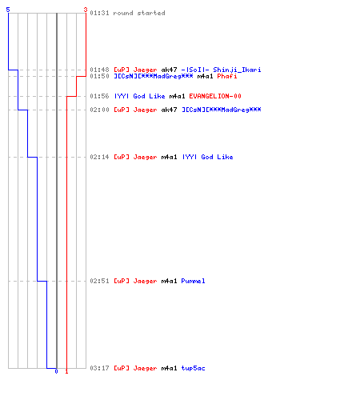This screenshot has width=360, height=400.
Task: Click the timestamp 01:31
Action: coord(99,13)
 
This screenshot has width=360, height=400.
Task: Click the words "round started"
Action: coord(139,13)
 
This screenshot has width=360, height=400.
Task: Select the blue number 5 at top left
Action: coord(8,10)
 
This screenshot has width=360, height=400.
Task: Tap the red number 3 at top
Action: coord(86,10)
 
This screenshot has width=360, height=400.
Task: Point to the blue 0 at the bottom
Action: coord(56,371)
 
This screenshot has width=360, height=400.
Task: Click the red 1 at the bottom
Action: coord(66,371)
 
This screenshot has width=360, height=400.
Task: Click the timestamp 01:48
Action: coord(99,70)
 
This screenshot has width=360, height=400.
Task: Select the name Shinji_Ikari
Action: coord(237,70)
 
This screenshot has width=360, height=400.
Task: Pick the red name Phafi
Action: coord(227,76)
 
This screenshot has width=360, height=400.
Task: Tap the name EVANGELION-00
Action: coord(215,96)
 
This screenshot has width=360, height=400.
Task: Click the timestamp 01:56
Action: coord(99,96)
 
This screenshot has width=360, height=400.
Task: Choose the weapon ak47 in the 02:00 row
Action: coord(169,110)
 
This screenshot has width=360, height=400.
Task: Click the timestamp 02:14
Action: coord(99,157)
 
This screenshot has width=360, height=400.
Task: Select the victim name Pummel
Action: coord(193,281)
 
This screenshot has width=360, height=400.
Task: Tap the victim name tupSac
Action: coord(193,368)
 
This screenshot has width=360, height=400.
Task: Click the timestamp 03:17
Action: coord(99,368)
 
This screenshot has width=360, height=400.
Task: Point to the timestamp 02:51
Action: coord(99,281)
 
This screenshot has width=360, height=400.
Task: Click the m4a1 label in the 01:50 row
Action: coord(205,76)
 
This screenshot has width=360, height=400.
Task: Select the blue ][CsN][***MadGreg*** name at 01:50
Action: coord(154,76)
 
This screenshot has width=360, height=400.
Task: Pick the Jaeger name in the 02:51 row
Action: coord(145,282)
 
